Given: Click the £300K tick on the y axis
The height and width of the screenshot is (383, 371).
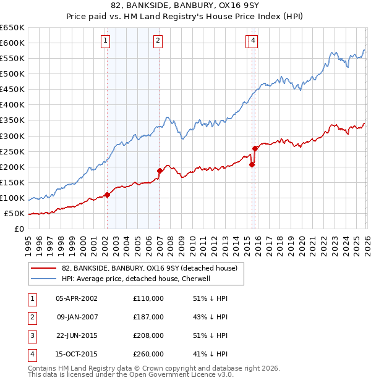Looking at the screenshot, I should pyautogui.click(x=12, y=136).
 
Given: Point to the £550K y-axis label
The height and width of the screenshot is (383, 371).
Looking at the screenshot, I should pyautogui.click(x=12, y=58).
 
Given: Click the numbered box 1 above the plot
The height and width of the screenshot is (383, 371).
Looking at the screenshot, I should pyautogui.click(x=106, y=41).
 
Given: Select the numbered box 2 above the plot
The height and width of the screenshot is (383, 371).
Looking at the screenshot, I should pyautogui.click(x=158, y=41).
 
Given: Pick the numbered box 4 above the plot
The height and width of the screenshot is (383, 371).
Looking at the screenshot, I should pyautogui.click(x=254, y=41).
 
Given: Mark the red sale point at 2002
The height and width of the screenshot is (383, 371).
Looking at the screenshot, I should pyautogui.click(x=107, y=195).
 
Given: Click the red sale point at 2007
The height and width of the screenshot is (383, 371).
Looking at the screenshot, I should pyautogui.click(x=160, y=170).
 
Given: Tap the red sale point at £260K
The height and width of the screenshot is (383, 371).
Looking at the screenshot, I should pyautogui.click(x=255, y=148).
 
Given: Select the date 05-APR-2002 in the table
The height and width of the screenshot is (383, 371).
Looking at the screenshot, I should pyautogui.click(x=77, y=298).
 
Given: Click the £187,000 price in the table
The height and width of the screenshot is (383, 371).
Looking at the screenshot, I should pyautogui.click(x=148, y=317).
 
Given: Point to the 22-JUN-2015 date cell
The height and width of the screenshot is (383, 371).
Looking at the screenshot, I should pyautogui.click(x=77, y=335).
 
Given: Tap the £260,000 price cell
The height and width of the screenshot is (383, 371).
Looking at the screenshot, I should pyautogui.click(x=148, y=354).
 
